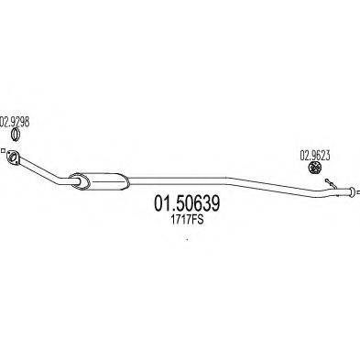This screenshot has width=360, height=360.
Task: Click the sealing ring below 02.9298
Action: coord(15,136)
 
